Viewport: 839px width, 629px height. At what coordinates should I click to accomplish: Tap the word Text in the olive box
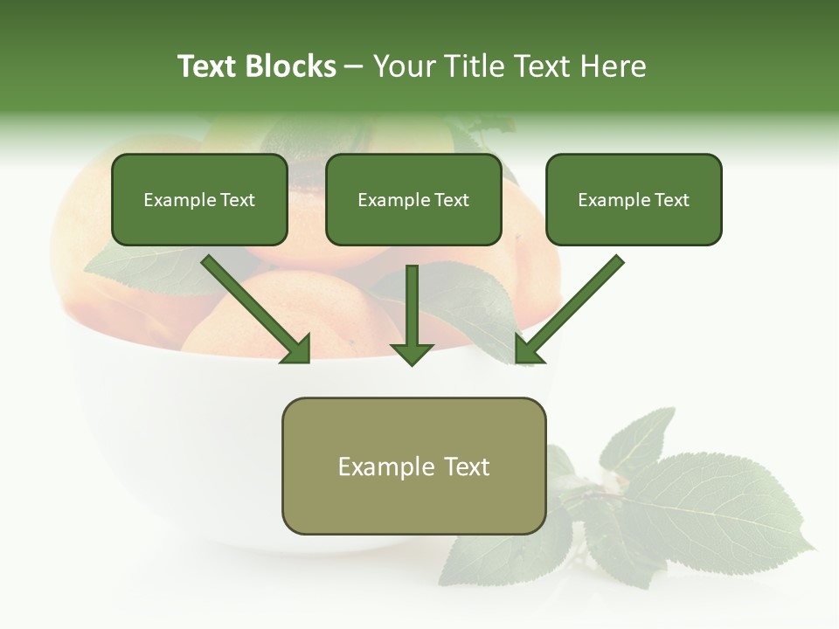(467, 467)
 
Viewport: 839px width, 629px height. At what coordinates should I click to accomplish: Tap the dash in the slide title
(354, 66)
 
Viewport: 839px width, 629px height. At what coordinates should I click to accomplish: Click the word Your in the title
(400, 66)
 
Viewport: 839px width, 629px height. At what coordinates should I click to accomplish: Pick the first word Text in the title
(207, 66)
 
